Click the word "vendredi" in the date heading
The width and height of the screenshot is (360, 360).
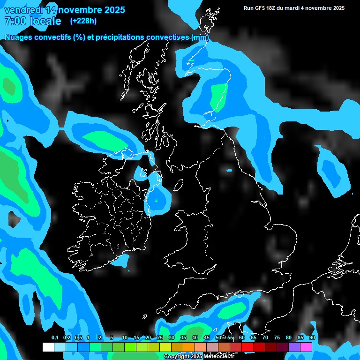pos(23,9)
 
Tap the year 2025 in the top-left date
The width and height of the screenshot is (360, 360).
pos(112,9)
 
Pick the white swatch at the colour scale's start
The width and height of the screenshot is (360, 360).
pos(48,347)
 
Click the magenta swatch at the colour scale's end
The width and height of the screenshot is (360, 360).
pos(306,347)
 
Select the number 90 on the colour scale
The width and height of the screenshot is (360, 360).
pos(312,337)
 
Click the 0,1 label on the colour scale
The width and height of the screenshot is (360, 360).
pos(54,337)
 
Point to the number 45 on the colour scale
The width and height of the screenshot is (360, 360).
pos(207,337)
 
